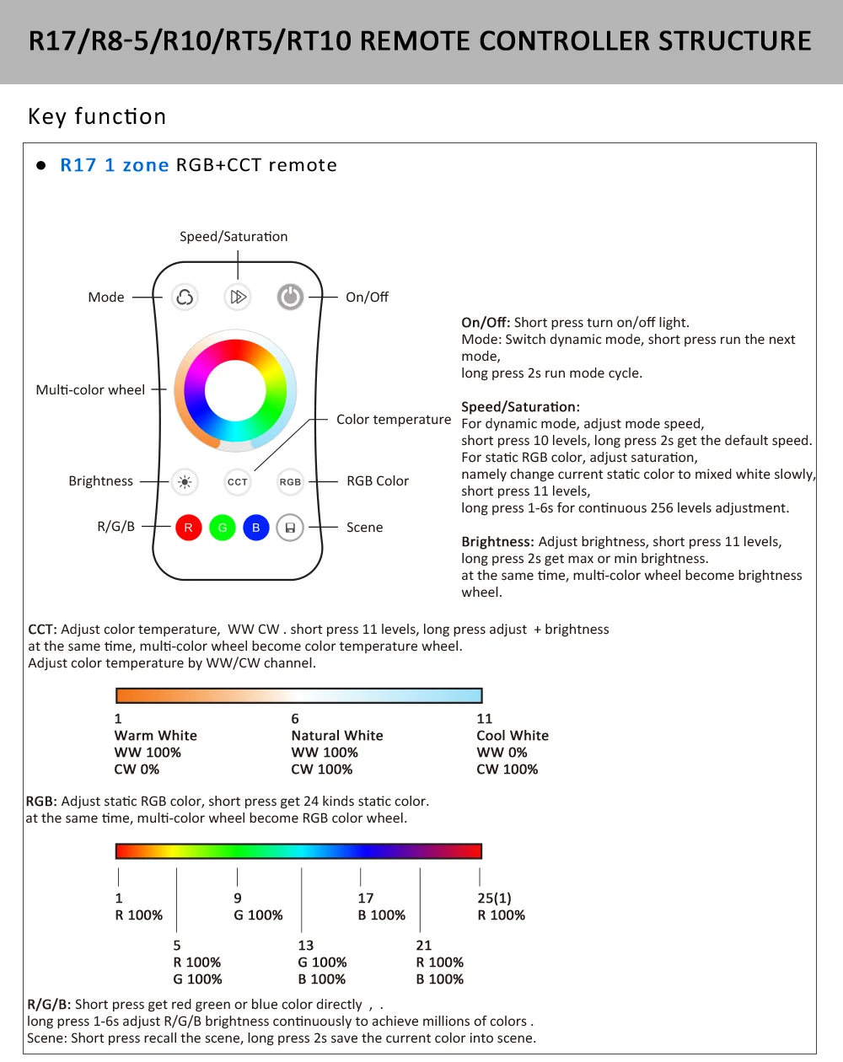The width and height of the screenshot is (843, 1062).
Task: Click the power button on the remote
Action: point(290,297)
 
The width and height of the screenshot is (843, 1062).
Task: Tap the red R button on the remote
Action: point(188,528)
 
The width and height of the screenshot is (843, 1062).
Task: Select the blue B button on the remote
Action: point(255,528)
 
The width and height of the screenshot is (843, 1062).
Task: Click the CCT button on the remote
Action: point(238,482)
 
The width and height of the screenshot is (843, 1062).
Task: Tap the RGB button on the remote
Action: point(290,482)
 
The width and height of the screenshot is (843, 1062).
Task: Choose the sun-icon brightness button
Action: point(185,482)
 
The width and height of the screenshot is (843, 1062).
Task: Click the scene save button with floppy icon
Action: point(290,528)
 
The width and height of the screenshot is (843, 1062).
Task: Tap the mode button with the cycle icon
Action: point(185,297)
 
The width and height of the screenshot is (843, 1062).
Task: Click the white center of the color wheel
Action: point(235,390)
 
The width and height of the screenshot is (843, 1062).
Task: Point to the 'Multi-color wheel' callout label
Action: point(90,390)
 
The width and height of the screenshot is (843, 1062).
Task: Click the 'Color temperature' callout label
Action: point(394,420)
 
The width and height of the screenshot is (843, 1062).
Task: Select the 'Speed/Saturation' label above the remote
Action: point(234,237)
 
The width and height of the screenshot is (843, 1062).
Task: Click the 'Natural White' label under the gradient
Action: point(337,736)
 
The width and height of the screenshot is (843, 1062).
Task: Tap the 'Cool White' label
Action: point(513,736)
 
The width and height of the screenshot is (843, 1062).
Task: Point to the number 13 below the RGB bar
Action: point(306,946)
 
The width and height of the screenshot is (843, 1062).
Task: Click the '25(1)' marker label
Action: point(494,898)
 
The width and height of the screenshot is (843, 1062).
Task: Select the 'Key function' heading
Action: point(97,116)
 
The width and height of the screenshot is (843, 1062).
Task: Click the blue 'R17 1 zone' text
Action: point(115,165)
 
